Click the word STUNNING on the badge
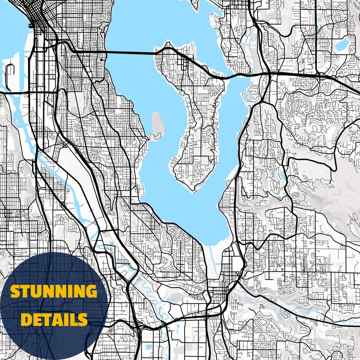coord(54,292)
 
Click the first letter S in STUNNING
coord(15,292)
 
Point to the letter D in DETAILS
coord(25,320)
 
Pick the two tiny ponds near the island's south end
coord(186,170)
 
